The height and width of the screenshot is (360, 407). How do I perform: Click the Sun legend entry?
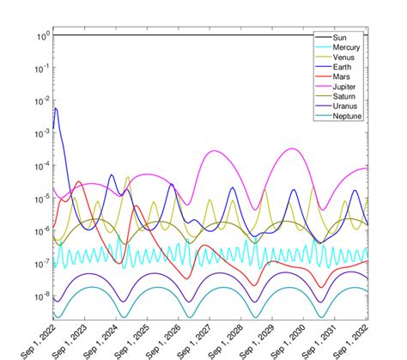pos(343,40)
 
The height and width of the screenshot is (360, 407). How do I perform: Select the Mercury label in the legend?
pos(349,49)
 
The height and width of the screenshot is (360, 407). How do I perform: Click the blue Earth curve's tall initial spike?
pos(57,110)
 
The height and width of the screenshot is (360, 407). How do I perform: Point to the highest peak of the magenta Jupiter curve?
pos(294,149)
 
